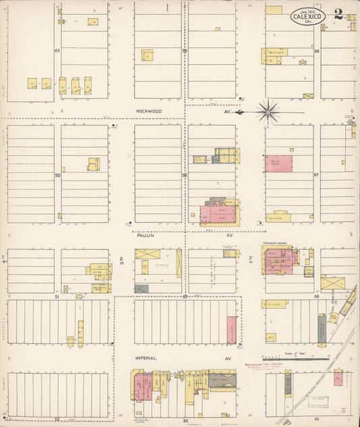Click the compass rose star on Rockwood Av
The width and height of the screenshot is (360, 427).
(x=269, y=111)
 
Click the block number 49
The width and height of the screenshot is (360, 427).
(x=57, y=51)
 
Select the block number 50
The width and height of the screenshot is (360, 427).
(x=57, y=175)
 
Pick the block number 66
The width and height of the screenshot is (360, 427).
(x=316, y=51)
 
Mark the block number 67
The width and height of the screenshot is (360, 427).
(x=316, y=175)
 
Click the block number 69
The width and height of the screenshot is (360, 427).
(x=316, y=420)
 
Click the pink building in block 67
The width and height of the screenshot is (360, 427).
(x=278, y=164)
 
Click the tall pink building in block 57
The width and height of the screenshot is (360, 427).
(x=232, y=330)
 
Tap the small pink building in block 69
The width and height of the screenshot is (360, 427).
(x=338, y=378)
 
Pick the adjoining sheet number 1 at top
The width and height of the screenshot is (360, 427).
(x=166, y=7)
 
